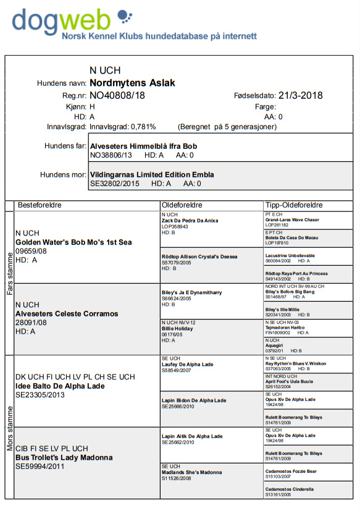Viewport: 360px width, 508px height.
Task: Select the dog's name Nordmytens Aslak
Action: (132, 83)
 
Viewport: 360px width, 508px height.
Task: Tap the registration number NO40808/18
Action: (117, 95)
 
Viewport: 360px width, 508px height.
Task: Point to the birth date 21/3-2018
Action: (300, 95)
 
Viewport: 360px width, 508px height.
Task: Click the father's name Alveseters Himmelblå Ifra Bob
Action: (144, 146)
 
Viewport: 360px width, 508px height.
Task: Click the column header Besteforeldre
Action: (40, 205)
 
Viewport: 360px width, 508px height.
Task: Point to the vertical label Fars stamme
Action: (9, 273)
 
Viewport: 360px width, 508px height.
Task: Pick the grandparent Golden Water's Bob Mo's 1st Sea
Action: (73, 242)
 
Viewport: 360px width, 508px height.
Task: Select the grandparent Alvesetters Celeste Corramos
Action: (67, 314)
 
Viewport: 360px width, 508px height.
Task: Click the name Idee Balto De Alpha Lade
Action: (59, 386)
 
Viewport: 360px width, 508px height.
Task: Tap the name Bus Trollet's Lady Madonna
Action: (64, 457)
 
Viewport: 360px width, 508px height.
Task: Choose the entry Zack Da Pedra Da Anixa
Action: (190, 221)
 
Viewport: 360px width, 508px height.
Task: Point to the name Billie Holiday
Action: (177, 329)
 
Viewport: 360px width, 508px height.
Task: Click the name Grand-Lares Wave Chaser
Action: (292, 220)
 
